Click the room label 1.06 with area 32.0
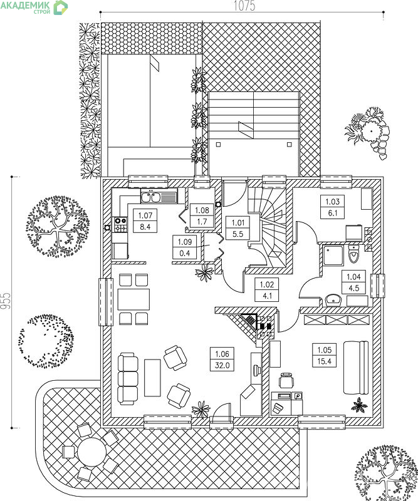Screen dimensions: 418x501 [x=222, y=359]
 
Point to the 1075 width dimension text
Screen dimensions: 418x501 [x=244, y=6]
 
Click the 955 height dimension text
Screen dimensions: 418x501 [x=6, y=301]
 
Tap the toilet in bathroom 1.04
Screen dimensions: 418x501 [x=353, y=254]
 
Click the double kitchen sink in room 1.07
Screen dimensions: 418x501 [x=151, y=197]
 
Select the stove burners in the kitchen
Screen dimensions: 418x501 [x=120, y=224]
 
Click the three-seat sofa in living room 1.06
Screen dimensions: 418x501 [x=128, y=379]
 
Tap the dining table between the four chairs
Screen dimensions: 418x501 [x=133, y=299]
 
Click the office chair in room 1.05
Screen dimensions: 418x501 [x=286, y=380]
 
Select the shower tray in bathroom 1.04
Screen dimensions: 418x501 [x=333, y=256]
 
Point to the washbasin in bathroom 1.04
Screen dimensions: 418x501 [x=333, y=300]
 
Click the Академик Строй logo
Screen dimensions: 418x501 [x=34, y=8]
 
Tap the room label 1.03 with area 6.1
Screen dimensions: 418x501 [x=332, y=207]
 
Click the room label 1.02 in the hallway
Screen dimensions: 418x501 [x=267, y=290]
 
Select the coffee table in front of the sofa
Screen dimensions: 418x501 [x=152, y=378]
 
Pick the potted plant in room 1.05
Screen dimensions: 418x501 [x=359, y=405]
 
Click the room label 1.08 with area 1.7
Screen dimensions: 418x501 [x=202, y=215]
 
